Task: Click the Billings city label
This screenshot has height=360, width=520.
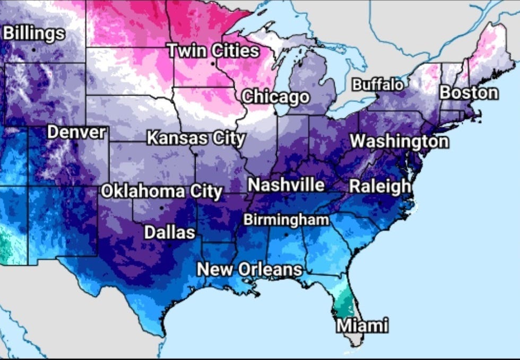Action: click(34, 33)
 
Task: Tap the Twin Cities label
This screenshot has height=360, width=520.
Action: click(214, 51)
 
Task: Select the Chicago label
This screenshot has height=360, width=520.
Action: click(275, 97)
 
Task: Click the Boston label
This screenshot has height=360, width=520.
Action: click(469, 93)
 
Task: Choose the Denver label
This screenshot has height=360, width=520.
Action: click(77, 132)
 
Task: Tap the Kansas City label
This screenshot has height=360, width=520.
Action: click(196, 139)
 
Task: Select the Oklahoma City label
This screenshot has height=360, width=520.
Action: click(162, 191)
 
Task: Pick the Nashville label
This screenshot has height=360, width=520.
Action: click(286, 185)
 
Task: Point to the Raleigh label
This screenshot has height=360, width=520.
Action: click(380, 186)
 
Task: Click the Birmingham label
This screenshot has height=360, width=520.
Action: click(286, 220)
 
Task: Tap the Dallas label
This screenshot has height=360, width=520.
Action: click(170, 232)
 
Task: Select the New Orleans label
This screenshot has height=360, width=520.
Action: click(249, 269)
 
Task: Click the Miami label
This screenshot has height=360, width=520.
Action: click(362, 325)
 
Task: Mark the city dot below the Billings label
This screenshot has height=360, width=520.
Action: click(34, 49)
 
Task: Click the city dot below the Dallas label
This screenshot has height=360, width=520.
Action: click(170, 245)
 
